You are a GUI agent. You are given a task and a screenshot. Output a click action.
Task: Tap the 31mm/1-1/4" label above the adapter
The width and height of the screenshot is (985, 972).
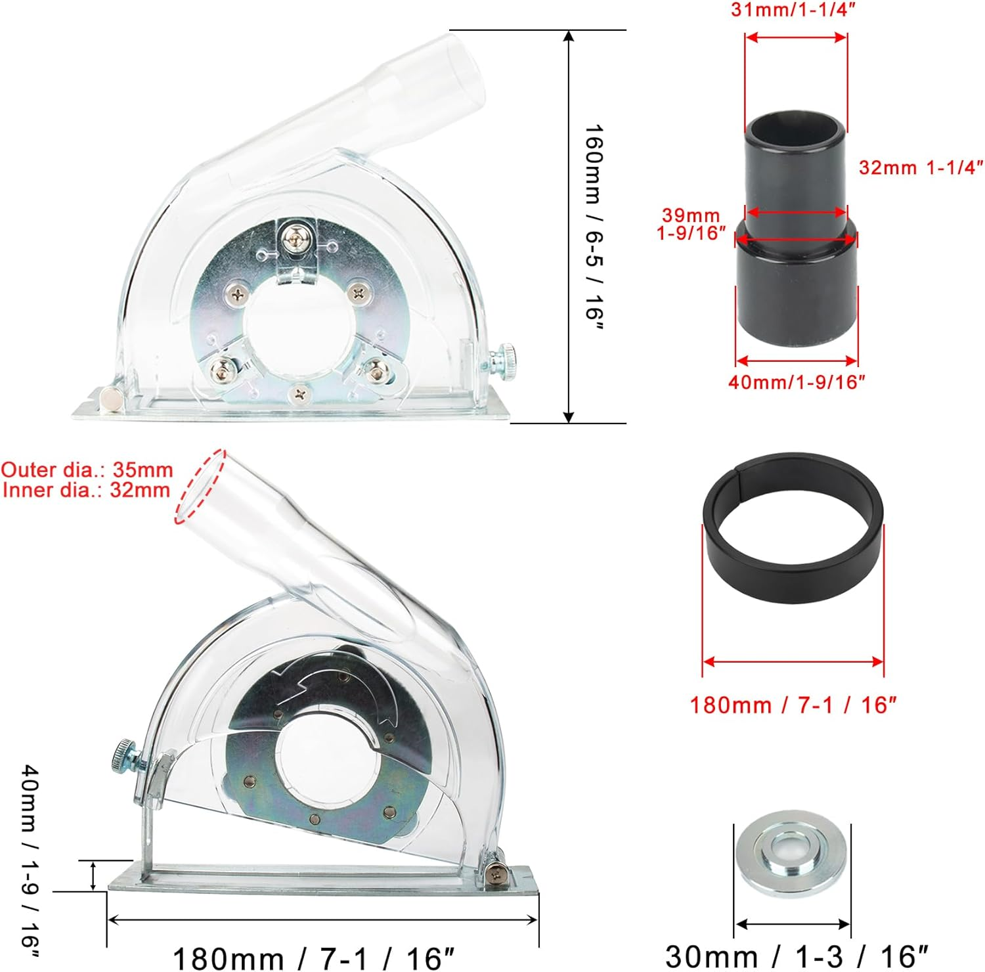(793, 10)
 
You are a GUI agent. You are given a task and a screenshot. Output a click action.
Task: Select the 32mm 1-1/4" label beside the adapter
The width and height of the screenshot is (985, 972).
(921, 167)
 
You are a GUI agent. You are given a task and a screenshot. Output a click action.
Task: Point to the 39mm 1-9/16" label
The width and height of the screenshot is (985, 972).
(691, 224)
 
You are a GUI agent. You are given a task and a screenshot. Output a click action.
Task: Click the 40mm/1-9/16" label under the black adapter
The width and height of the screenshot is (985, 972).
(797, 382)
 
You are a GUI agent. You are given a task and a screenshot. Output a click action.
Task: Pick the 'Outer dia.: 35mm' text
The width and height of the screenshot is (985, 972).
(87, 470)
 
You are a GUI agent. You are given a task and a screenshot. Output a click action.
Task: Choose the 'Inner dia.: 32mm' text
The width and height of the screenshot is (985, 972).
(87, 490)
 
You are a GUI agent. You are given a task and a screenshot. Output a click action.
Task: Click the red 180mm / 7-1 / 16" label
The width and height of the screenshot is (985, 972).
(793, 705)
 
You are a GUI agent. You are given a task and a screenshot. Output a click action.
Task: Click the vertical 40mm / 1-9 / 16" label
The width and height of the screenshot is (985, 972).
(30, 860)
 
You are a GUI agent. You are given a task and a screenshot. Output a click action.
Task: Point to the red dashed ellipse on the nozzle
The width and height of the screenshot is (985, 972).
(200, 487)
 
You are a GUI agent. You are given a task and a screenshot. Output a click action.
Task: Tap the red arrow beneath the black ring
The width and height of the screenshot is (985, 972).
(793, 662)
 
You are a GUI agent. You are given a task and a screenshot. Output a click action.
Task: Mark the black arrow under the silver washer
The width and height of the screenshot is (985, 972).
(792, 925)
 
